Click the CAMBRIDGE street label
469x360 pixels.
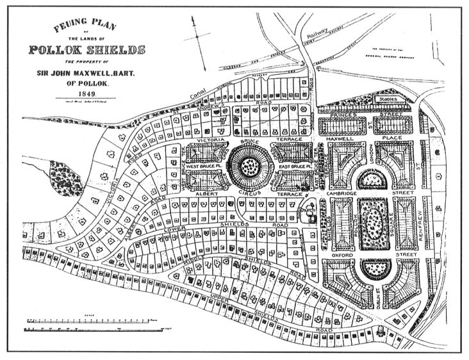click(x=348, y=193)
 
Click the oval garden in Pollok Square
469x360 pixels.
click(x=371, y=224)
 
